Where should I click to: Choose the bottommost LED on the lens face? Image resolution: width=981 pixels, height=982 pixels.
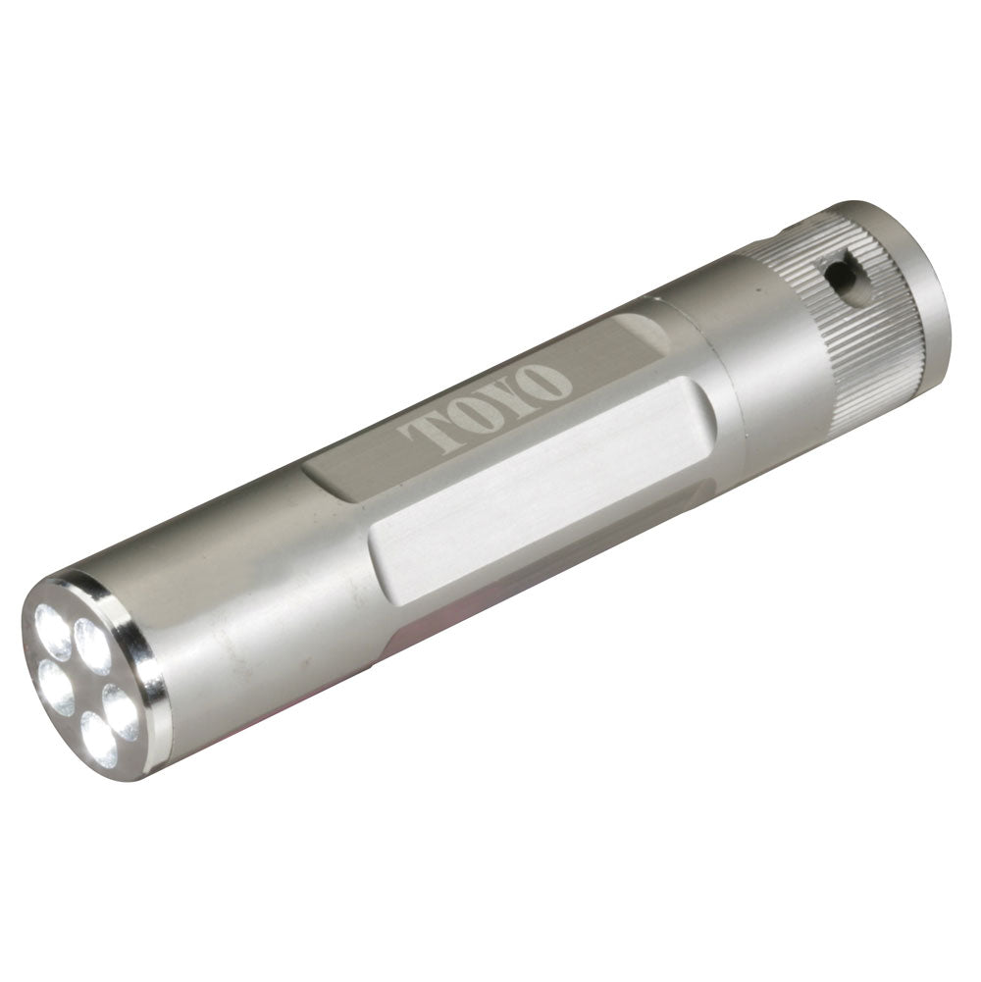tap(99, 736)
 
